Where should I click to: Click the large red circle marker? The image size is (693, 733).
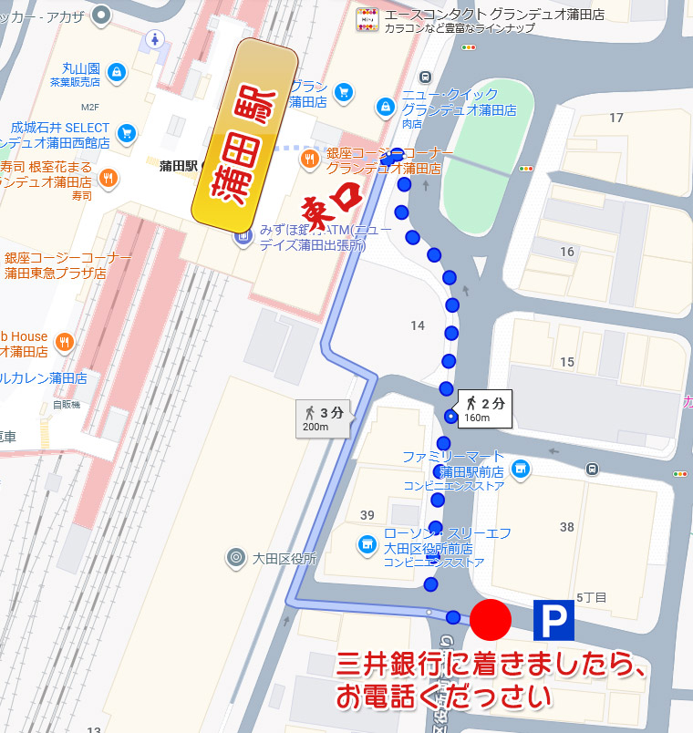[491, 620]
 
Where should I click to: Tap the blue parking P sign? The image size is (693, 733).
[553, 620]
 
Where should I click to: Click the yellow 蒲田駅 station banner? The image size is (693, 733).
[246, 136]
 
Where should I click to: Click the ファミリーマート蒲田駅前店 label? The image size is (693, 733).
[453, 463]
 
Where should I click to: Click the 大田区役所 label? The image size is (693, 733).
[283, 558]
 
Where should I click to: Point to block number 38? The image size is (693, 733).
[566, 527]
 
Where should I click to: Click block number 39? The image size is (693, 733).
[367, 515]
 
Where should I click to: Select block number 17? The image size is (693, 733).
[616, 118]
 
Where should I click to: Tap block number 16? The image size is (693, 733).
[567, 252]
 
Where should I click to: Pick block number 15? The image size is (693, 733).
[567, 362]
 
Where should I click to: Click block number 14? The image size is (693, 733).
[418, 325]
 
